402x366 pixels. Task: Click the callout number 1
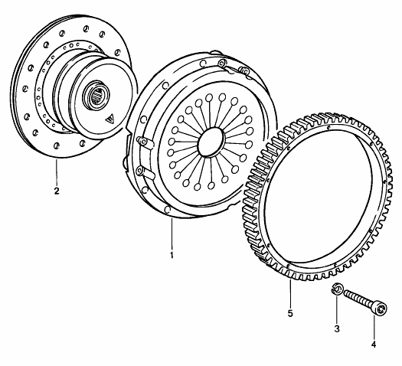coord(172,255)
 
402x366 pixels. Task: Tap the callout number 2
coord(57,191)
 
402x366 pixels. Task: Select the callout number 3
coord(337,328)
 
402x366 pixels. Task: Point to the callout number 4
coord(374,345)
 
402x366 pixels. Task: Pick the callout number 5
coord(290,313)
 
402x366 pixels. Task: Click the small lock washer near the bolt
coord(335,289)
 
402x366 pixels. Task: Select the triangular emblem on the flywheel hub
coord(110,119)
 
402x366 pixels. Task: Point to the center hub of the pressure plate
coord(211,142)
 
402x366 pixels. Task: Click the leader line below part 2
coord(57,172)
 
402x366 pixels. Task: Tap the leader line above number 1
coord(172,234)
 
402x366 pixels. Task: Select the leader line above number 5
coord(290,294)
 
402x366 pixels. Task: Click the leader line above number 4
coord(374,328)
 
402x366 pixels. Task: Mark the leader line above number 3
coord(337,309)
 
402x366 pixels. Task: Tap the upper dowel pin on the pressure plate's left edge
coord(145,142)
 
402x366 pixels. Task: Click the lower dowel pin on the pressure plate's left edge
coord(145,172)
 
